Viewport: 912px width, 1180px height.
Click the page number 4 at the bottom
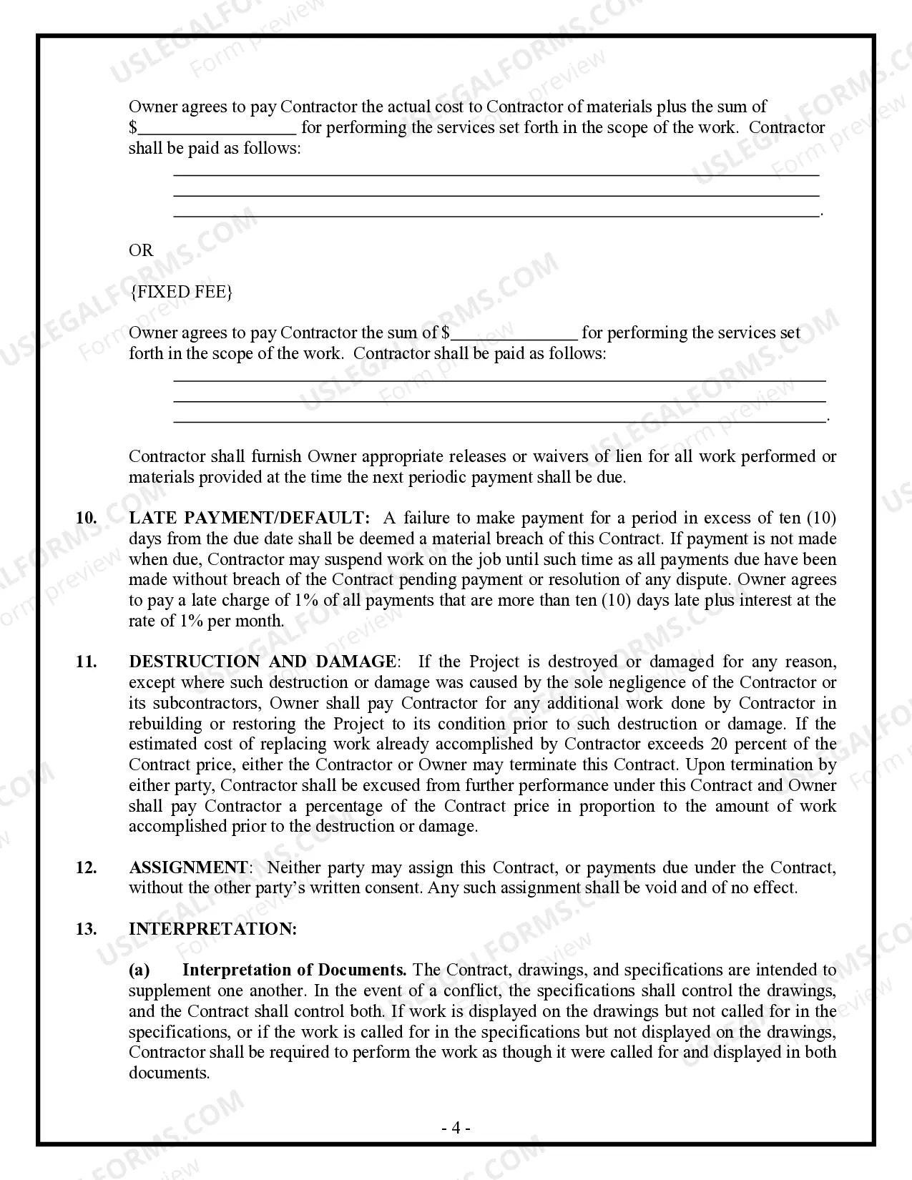[456, 1129]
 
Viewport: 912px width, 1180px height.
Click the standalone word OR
[141, 250]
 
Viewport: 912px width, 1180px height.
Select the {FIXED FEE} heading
[181, 292]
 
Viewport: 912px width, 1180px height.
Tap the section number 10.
[86, 518]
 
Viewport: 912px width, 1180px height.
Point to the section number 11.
[86, 662]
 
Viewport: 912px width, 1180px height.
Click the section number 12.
[86, 867]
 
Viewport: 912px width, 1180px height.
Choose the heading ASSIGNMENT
[188, 867]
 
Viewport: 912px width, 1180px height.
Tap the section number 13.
[86, 929]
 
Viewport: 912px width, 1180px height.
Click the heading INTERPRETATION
[212, 929]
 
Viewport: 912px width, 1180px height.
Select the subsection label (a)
[139, 970]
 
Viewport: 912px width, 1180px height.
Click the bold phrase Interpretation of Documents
[294, 970]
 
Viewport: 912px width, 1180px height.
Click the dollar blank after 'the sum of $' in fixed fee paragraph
[514, 334]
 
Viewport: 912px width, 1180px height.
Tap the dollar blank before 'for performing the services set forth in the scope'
[217, 129]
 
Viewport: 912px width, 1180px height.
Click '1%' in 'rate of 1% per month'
[191, 621]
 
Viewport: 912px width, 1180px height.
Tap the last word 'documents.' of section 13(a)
[170, 1073]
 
